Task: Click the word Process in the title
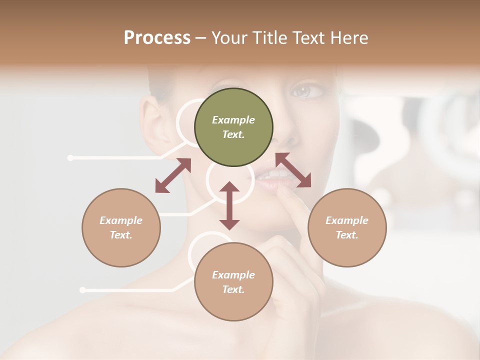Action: tap(157, 38)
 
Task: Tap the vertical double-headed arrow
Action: tap(229, 205)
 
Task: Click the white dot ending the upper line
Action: tap(70, 158)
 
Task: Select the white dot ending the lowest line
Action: tap(82, 290)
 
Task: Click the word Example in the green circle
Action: tap(233, 120)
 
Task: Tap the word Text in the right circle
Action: tap(347, 235)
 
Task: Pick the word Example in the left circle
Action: tap(121, 220)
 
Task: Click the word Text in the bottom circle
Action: tap(233, 289)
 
